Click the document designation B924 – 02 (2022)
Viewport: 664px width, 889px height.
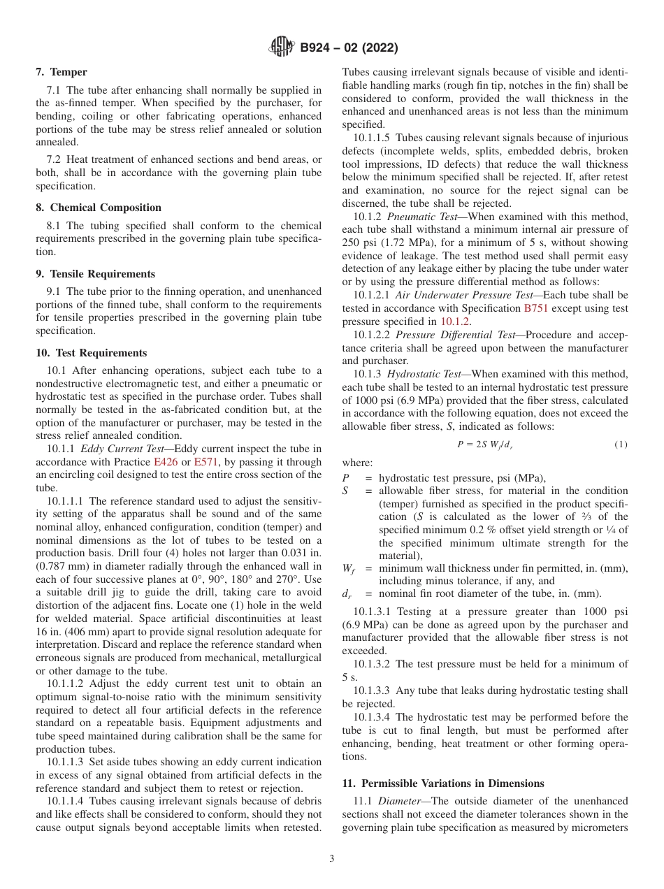[349, 48]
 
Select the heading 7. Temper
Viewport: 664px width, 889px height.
[62, 72]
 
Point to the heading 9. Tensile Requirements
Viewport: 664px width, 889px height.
[95, 274]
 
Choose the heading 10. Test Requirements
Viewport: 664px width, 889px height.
[91, 353]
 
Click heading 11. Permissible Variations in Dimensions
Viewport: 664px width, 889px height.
[443, 783]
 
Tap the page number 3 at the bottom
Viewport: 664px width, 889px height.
[332, 859]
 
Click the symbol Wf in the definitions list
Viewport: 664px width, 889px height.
[347, 569]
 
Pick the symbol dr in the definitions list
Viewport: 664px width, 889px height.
[347, 595]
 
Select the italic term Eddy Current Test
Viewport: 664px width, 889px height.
[124, 449]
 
